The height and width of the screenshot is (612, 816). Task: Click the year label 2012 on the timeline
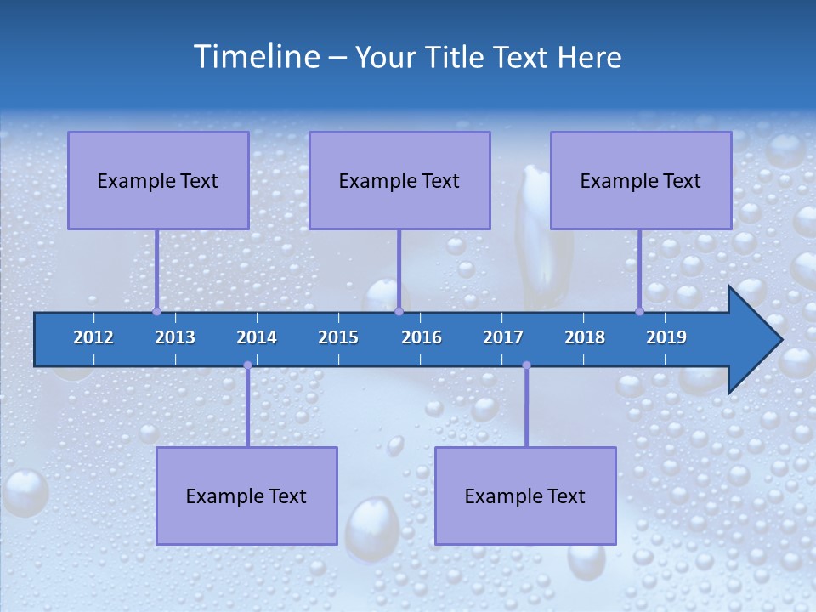click(x=93, y=337)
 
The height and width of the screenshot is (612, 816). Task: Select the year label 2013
click(x=175, y=337)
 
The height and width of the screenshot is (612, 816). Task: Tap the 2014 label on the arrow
click(x=257, y=337)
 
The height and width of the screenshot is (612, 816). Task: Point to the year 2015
click(x=338, y=337)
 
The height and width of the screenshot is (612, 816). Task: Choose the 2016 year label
click(x=422, y=337)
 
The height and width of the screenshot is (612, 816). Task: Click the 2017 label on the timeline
click(x=503, y=337)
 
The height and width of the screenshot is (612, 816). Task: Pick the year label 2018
click(x=585, y=337)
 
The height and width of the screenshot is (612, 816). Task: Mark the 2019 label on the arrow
click(x=666, y=337)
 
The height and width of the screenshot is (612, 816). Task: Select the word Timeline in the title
click(x=254, y=57)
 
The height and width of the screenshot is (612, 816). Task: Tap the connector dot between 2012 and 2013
click(x=156, y=311)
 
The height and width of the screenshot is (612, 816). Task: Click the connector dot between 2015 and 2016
click(x=399, y=311)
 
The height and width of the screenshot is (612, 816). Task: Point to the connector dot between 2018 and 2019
click(x=639, y=311)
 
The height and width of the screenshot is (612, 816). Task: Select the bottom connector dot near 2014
click(x=247, y=365)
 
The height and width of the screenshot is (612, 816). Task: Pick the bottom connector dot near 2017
click(x=526, y=365)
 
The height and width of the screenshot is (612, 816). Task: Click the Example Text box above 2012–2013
click(x=158, y=180)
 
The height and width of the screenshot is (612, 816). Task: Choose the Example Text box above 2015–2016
click(x=399, y=180)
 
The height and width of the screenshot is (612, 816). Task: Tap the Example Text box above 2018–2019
click(x=641, y=180)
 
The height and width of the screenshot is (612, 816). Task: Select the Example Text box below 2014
click(x=246, y=496)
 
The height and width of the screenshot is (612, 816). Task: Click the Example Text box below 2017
click(x=525, y=496)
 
